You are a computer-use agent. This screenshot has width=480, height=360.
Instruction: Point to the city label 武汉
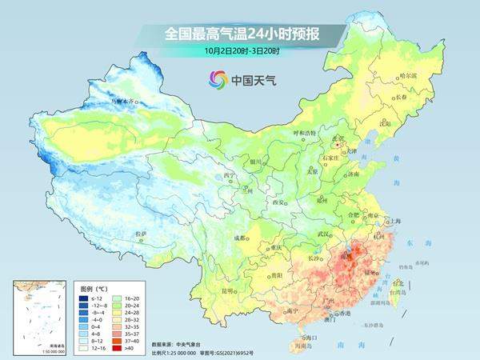pyautogui.click(x=323, y=233)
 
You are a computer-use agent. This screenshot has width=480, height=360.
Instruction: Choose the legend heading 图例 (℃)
pyautogui.click(x=94, y=286)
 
